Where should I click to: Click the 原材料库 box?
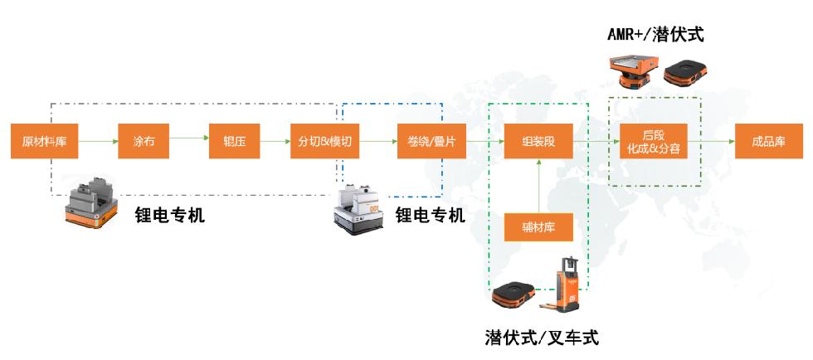[44, 142]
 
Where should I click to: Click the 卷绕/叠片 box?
[426, 142]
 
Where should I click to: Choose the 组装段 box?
[538, 142]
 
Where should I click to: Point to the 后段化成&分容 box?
[654, 142]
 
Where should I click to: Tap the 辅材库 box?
[538, 226]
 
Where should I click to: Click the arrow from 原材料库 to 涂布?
[94, 142]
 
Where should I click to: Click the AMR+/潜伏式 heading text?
[655, 35]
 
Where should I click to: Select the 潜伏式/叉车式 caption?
[541, 338]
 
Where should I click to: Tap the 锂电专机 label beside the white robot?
[430, 216]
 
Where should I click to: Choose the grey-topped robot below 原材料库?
[91, 202]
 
